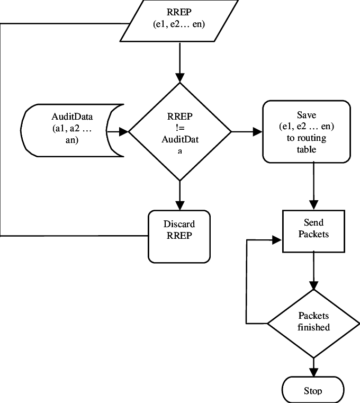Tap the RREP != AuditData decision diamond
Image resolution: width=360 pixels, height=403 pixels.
[x=179, y=131]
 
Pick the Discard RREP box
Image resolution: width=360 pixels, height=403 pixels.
[x=179, y=236]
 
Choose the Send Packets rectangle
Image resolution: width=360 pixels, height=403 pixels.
[x=314, y=231]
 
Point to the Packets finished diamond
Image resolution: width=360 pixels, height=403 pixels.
[x=313, y=321]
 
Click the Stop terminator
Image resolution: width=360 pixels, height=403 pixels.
[x=313, y=391]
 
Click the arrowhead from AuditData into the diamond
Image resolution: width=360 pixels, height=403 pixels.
[x=124, y=131]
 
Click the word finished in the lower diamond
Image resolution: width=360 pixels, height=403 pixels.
[x=313, y=327]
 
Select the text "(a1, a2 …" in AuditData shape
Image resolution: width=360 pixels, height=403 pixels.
[x=73, y=128]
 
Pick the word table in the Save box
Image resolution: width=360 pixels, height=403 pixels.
[x=307, y=149]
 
